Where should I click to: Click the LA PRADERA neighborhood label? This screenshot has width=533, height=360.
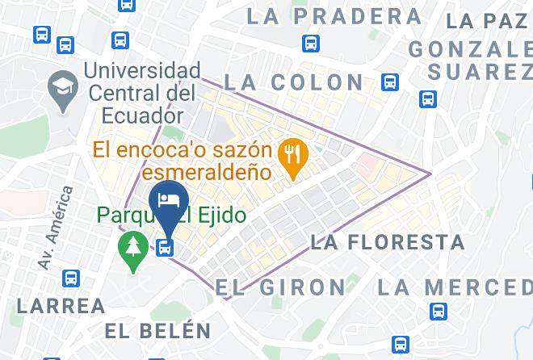[334, 16]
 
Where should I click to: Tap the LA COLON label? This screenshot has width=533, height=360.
[293, 82]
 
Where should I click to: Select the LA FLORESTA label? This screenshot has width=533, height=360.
[388, 241]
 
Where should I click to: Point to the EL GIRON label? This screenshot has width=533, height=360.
[280, 287]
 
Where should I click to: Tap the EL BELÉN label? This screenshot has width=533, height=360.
[158, 330]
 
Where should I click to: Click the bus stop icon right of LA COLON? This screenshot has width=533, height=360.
[391, 82]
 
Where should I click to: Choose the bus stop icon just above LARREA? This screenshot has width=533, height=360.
[71, 278]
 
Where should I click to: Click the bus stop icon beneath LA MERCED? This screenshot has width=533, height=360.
[439, 311]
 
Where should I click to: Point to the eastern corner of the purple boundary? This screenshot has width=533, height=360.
[430, 173]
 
